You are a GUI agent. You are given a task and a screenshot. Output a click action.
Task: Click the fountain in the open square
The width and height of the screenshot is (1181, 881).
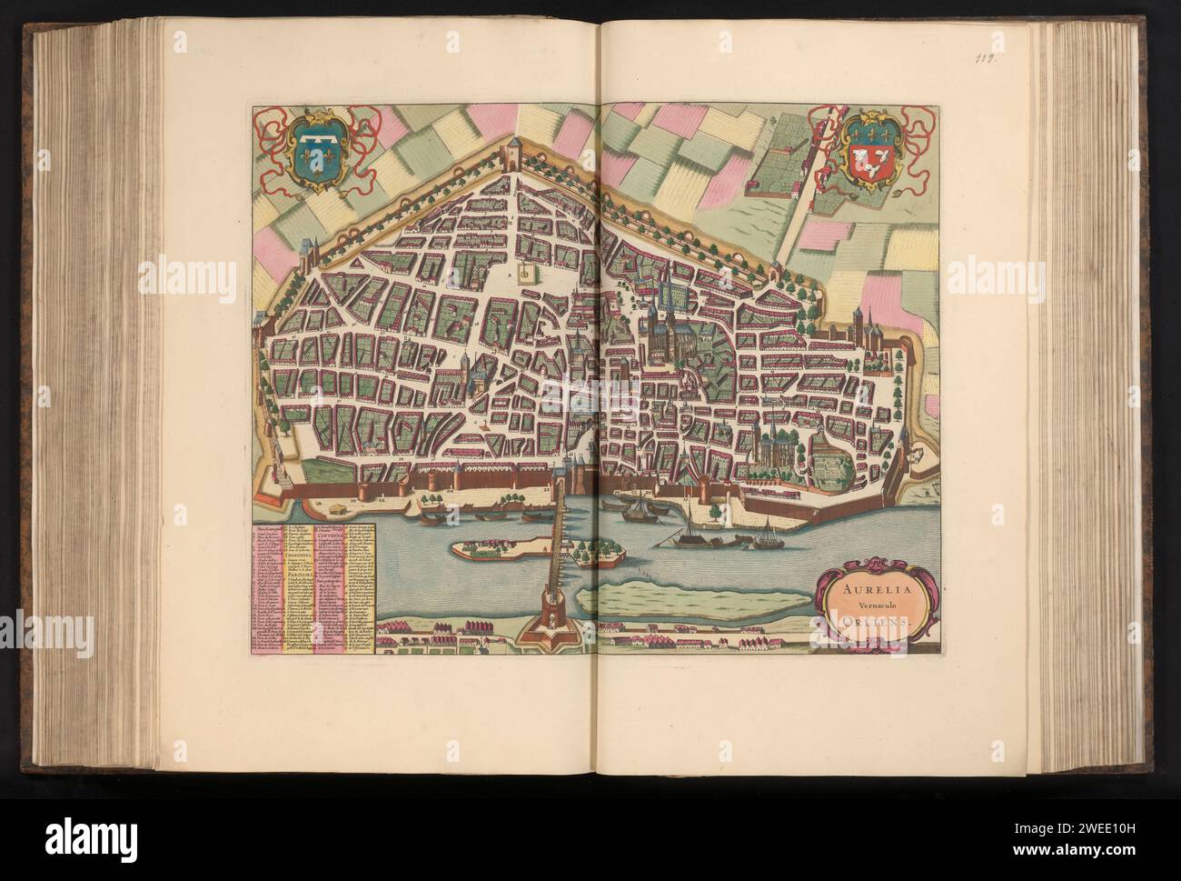pyautogui.click(x=525, y=271)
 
